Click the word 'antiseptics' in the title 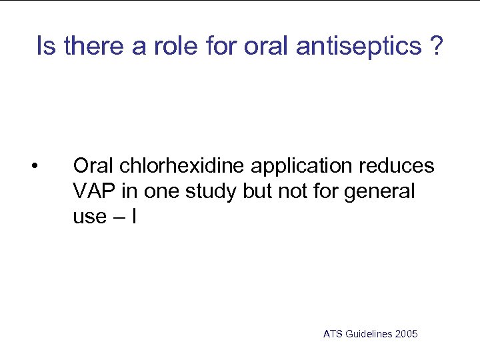[x=358, y=47]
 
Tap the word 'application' [x=301, y=166]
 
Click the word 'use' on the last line [x=89, y=217]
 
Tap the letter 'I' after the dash [x=134, y=217]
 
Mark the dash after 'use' [x=119, y=217]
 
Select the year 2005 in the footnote [x=407, y=334]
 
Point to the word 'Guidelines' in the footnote [x=369, y=334]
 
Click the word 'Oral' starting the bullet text [x=93, y=166]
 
